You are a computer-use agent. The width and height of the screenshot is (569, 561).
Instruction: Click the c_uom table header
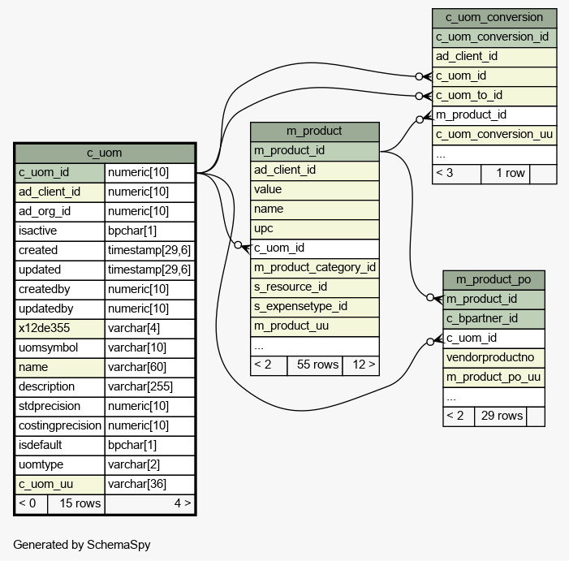tap(105, 153)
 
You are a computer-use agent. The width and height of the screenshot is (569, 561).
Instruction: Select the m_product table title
tap(314, 131)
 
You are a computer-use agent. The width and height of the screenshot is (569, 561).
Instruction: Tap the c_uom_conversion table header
tap(494, 17)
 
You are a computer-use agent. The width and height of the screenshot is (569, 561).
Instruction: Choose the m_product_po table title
tap(493, 279)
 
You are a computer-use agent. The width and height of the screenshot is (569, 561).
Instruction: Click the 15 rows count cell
tap(75, 503)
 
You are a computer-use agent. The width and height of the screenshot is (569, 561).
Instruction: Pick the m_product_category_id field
tap(314, 267)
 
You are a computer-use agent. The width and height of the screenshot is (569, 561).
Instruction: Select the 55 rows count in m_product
tap(314, 365)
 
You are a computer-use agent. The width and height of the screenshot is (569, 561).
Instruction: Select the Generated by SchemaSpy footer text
tap(81, 545)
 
